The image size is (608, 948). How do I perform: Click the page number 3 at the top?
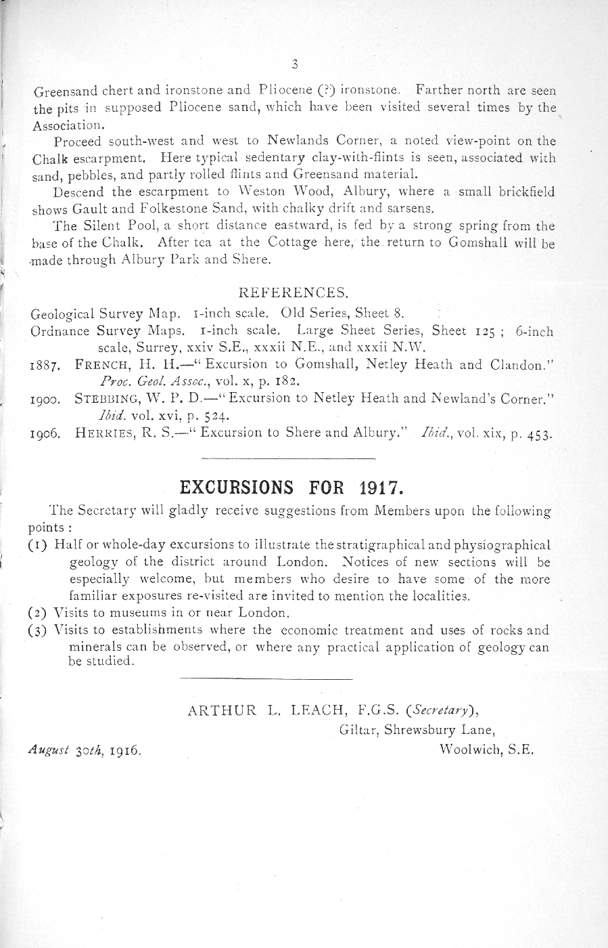(x=294, y=65)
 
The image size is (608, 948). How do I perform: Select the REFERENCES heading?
(x=294, y=293)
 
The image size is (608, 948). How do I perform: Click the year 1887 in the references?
(x=47, y=366)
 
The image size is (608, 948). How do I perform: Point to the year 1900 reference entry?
(x=47, y=400)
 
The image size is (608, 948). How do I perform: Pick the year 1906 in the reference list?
(x=47, y=434)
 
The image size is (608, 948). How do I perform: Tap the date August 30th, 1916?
(x=85, y=750)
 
